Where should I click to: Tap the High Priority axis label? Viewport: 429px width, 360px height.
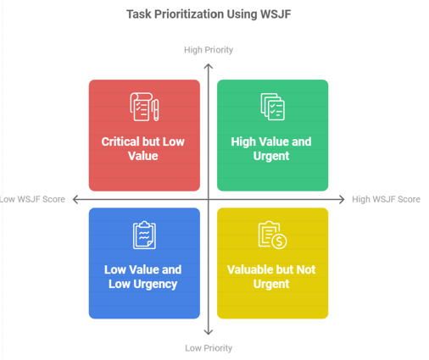click(x=209, y=50)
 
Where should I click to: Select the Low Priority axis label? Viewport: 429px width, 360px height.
click(x=209, y=348)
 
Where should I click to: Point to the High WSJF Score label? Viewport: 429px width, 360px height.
click(x=386, y=199)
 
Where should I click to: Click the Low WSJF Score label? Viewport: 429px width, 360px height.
click(x=32, y=199)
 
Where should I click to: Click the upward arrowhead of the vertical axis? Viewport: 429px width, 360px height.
click(x=209, y=66)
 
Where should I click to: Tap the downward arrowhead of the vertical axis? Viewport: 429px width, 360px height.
click(x=209, y=332)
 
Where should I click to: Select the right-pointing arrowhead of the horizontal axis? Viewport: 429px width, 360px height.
click(x=342, y=200)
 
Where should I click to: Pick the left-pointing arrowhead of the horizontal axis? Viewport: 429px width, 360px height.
click(x=75, y=200)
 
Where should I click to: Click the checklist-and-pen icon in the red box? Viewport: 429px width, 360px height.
click(x=144, y=107)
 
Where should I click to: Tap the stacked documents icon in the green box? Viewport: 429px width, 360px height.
click(x=272, y=107)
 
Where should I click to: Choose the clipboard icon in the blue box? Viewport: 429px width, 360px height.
click(x=144, y=235)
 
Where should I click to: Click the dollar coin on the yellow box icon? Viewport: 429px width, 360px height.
click(x=280, y=241)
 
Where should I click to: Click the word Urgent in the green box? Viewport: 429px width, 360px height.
click(x=271, y=156)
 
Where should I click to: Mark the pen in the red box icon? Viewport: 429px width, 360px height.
click(x=155, y=110)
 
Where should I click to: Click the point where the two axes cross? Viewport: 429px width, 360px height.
click(x=209, y=200)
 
